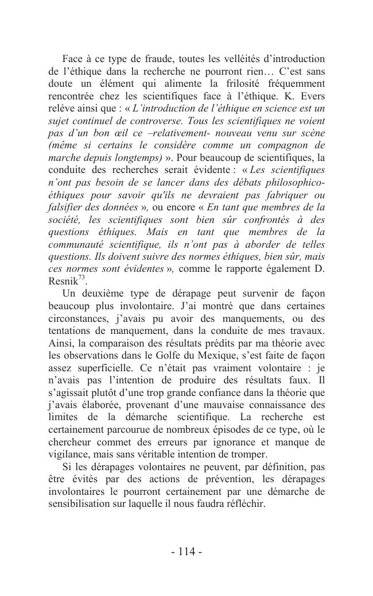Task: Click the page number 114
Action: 187,552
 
